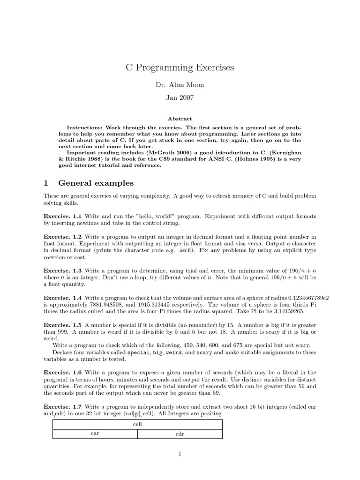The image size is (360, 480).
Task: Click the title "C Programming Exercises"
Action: (x=180, y=68)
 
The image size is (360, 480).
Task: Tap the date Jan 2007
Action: (x=180, y=98)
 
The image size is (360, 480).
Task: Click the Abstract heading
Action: (x=180, y=119)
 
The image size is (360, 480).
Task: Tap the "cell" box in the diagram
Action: (x=137, y=424)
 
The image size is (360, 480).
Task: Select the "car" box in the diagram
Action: (x=95, y=434)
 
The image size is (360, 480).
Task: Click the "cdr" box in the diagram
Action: (x=180, y=434)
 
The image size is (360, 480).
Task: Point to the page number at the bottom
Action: (x=180, y=453)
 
